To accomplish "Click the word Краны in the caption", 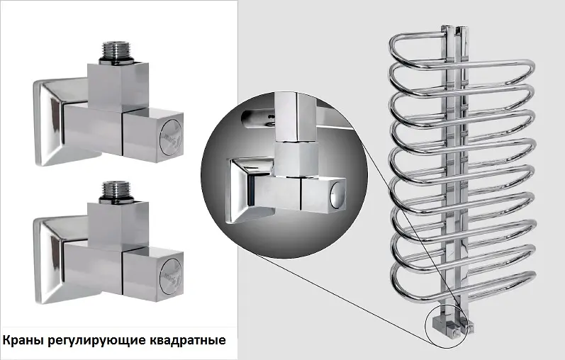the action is (23, 340).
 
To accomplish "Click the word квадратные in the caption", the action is (187, 341).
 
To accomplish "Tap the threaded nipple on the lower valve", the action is (116, 192).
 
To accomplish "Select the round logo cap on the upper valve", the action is (171, 137).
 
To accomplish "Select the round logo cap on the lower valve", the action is (172, 276).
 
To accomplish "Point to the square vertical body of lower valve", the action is (118, 226).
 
